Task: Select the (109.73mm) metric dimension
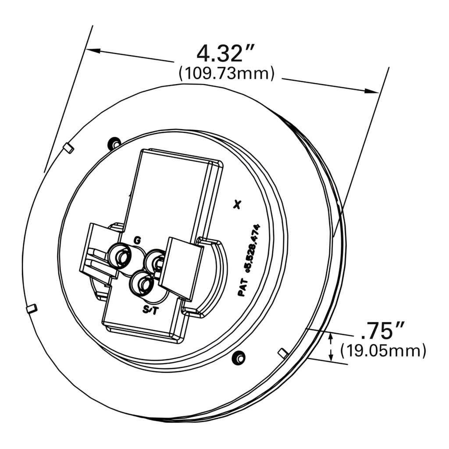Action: tap(226, 73)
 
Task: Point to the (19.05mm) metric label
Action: tap(383, 351)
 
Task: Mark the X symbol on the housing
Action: tap(238, 204)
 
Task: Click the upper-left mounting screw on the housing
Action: tap(115, 143)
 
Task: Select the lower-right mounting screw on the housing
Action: tap(239, 357)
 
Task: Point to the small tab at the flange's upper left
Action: tap(68, 147)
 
